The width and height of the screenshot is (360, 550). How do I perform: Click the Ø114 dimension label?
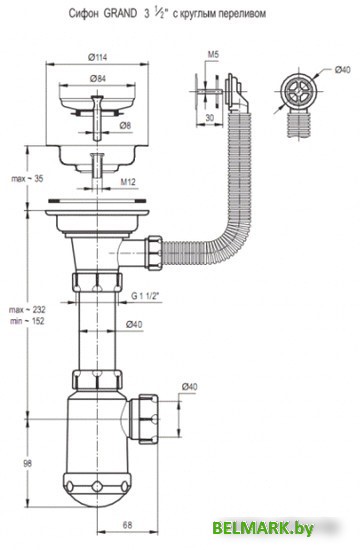tap(98, 58)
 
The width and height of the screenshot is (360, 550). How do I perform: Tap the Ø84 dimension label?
tap(98, 79)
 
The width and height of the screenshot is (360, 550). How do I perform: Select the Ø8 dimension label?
tap(125, 125)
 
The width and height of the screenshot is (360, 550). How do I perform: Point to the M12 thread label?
tap(128, 182)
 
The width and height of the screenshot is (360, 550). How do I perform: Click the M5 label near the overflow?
tap(213, 54)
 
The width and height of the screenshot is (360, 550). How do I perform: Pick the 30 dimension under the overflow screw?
tap(209, 118)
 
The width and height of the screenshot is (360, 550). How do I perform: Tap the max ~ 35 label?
tap(27, 179)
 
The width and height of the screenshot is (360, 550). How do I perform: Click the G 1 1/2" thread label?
tap(145, 296)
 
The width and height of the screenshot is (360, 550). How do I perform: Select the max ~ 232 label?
tap(27, 310)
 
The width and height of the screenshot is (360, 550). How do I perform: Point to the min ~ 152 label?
tap(27, 321)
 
